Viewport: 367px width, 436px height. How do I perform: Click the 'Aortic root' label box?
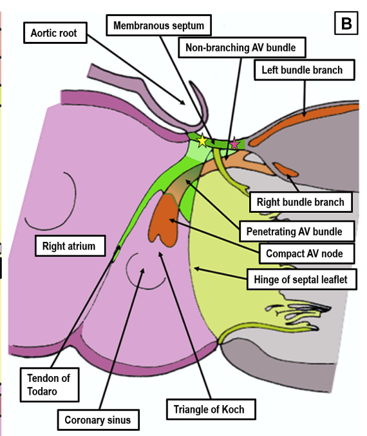[x=55, y=32]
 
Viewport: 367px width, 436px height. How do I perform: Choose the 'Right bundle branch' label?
[x=300, y=202]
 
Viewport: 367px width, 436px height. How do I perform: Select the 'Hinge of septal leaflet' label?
[x=299, y=279]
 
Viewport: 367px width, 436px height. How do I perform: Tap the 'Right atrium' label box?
[x=69, y=246]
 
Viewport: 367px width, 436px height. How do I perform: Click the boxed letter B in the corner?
[x=346, y=24]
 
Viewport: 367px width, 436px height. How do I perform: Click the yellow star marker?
[x=203, y=141]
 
